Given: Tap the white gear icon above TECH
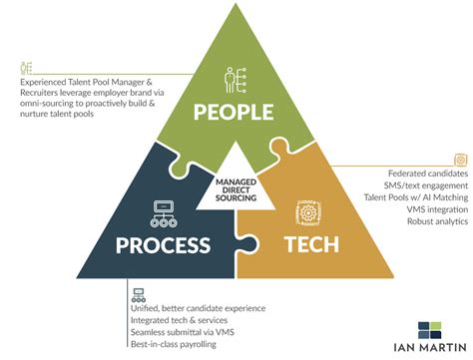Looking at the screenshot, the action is pyautogui.click(x=307, y=211).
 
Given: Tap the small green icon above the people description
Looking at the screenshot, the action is pyautogui.click(x=25, y=69).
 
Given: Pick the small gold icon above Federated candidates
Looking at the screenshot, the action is pyautogui.click(x=460, y=160).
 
